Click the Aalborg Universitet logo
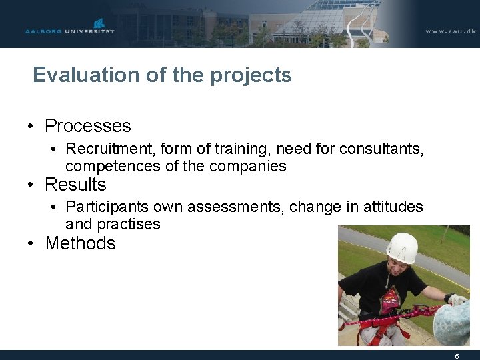click(70, 28)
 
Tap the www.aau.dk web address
click(449, 31)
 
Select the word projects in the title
click(251, 75)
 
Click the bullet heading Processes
click(87, 126)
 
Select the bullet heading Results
click(75, 185)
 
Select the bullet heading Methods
click(80, 243)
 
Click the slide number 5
click(457, 355)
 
